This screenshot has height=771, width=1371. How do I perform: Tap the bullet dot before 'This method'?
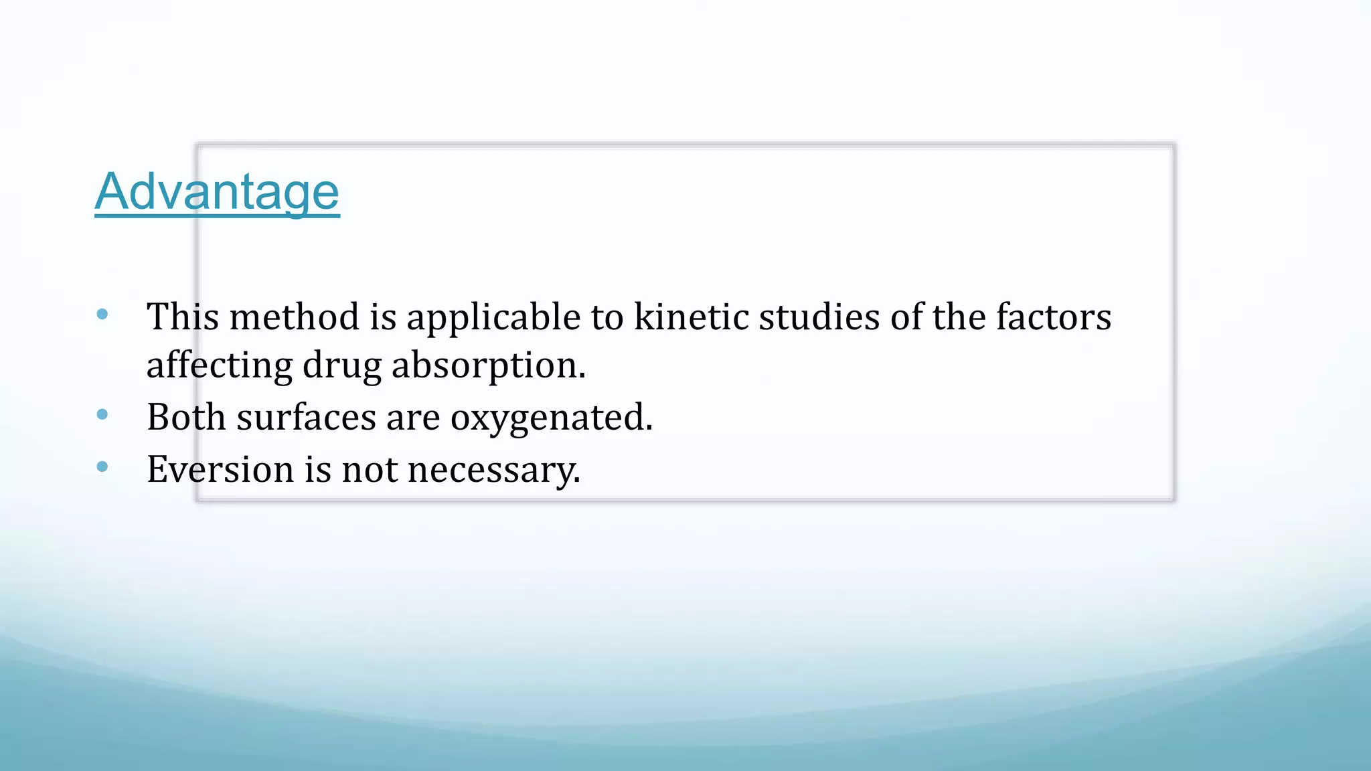(x=102, y=314)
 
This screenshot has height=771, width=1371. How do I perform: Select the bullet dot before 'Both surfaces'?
(x=102, y=415)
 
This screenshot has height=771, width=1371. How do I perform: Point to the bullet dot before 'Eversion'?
(x=102, y=466)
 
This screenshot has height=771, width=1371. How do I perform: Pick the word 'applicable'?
(x=493, y=318)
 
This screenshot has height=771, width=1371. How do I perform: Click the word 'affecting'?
(x=219, y=366)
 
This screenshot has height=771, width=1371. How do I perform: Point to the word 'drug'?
(x=341, y=366)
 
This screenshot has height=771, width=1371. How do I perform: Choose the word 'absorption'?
(x=487, y=366)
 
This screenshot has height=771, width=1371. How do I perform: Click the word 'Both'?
(x=186, y=417)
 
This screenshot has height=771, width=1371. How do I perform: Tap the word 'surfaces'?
(x=306, y=417)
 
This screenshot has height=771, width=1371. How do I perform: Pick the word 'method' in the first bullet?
(x=294, y=317)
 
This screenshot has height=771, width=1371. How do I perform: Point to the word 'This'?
(x=182, y=317)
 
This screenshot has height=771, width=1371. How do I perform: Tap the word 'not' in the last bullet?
(x=370, y=468)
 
